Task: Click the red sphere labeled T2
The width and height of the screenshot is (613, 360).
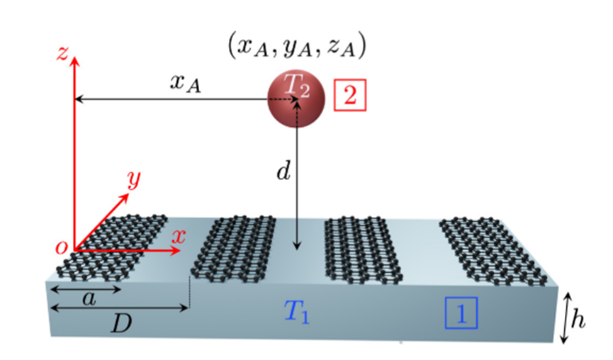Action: (x=296, y=100)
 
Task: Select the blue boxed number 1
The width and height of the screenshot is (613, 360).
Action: (x=461, y=313)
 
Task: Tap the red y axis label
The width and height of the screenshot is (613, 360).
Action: (x=132, y=179)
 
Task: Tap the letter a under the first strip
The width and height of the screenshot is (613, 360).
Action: (x=88, y=299)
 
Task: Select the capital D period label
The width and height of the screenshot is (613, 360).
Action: (x=120, y=325)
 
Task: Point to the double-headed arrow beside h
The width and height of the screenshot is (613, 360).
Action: (x=564, y=319)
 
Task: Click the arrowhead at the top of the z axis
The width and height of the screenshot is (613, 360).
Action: (x=75, y=54)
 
